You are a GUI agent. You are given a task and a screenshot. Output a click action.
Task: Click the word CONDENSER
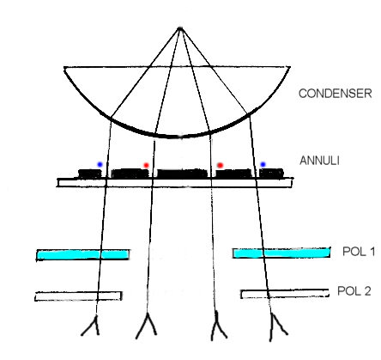pyautogui.click(x=336, y=94)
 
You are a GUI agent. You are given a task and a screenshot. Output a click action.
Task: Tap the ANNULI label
pyautogui.click(x=319, y=161)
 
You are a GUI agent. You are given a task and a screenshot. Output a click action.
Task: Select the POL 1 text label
pyautogui.click(x=359, y=252)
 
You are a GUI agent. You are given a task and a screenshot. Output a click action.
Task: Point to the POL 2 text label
pyautogui.click(x=354, y=291)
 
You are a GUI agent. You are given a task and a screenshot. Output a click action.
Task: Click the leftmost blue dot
pyautogui.click(x=100, y=164)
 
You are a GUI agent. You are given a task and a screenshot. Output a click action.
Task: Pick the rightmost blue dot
pyautogui.click(x=263, y=164)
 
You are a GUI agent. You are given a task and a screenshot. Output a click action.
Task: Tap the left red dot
pyautogui.click(x=146, y=165)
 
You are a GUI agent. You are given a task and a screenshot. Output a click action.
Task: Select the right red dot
pyautogui.click(x=220, y=165)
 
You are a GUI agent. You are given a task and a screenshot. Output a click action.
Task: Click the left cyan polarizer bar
pyautogui.click(x=83, y=254)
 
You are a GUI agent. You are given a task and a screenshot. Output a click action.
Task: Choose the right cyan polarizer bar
pyautogui.click(x=281, y=253)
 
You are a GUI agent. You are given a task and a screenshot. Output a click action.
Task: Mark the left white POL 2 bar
pyautogui.click(x=78, y=296)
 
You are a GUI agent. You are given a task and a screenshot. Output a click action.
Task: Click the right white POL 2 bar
pyautogui.click(x=285, y=294)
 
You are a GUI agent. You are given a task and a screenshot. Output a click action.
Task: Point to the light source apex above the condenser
pyautogui.click(x=180, y=28)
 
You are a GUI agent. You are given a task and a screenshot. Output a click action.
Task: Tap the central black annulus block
pyautogui.click(x=182, y=174)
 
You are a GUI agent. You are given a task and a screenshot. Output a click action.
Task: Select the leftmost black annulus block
pyautogui.click(x=90, y=174)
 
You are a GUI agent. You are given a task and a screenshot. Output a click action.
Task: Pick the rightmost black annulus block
pyautogui.click(x=271, y=174)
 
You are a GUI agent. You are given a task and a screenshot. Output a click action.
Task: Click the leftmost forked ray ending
pyautogui.click(x=93, y=326)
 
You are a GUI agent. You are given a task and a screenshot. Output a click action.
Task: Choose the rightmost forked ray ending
pyautogui.click(x=277, y=327)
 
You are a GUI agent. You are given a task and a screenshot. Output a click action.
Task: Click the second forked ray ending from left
pyautogui.click(x=147, y=326)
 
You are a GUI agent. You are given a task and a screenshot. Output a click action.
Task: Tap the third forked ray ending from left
pyautogui.click(x=218, y=326)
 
